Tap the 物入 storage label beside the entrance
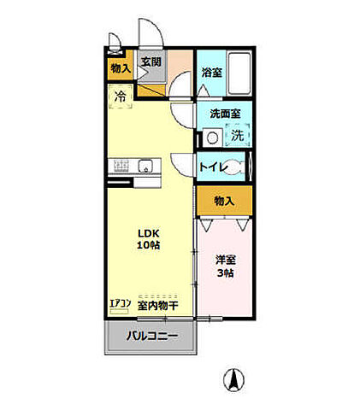pyautogui.click(x=119, y=68)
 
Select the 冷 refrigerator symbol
pyautogui.click(x=120, y=96)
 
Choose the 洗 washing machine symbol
pyautogui.click(x=239, y=134)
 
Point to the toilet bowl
pyautogui.click(x=244, y=167)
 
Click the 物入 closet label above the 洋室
pyautogui.click(x=224, y=202)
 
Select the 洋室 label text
pyautogui.click(x=226, y=259)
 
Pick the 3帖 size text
pyautogui.click(x=226, y=273)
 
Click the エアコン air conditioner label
pyautogui.click(x=120, y=303)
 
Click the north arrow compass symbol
pyautogui.click(x=230, y=377)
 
